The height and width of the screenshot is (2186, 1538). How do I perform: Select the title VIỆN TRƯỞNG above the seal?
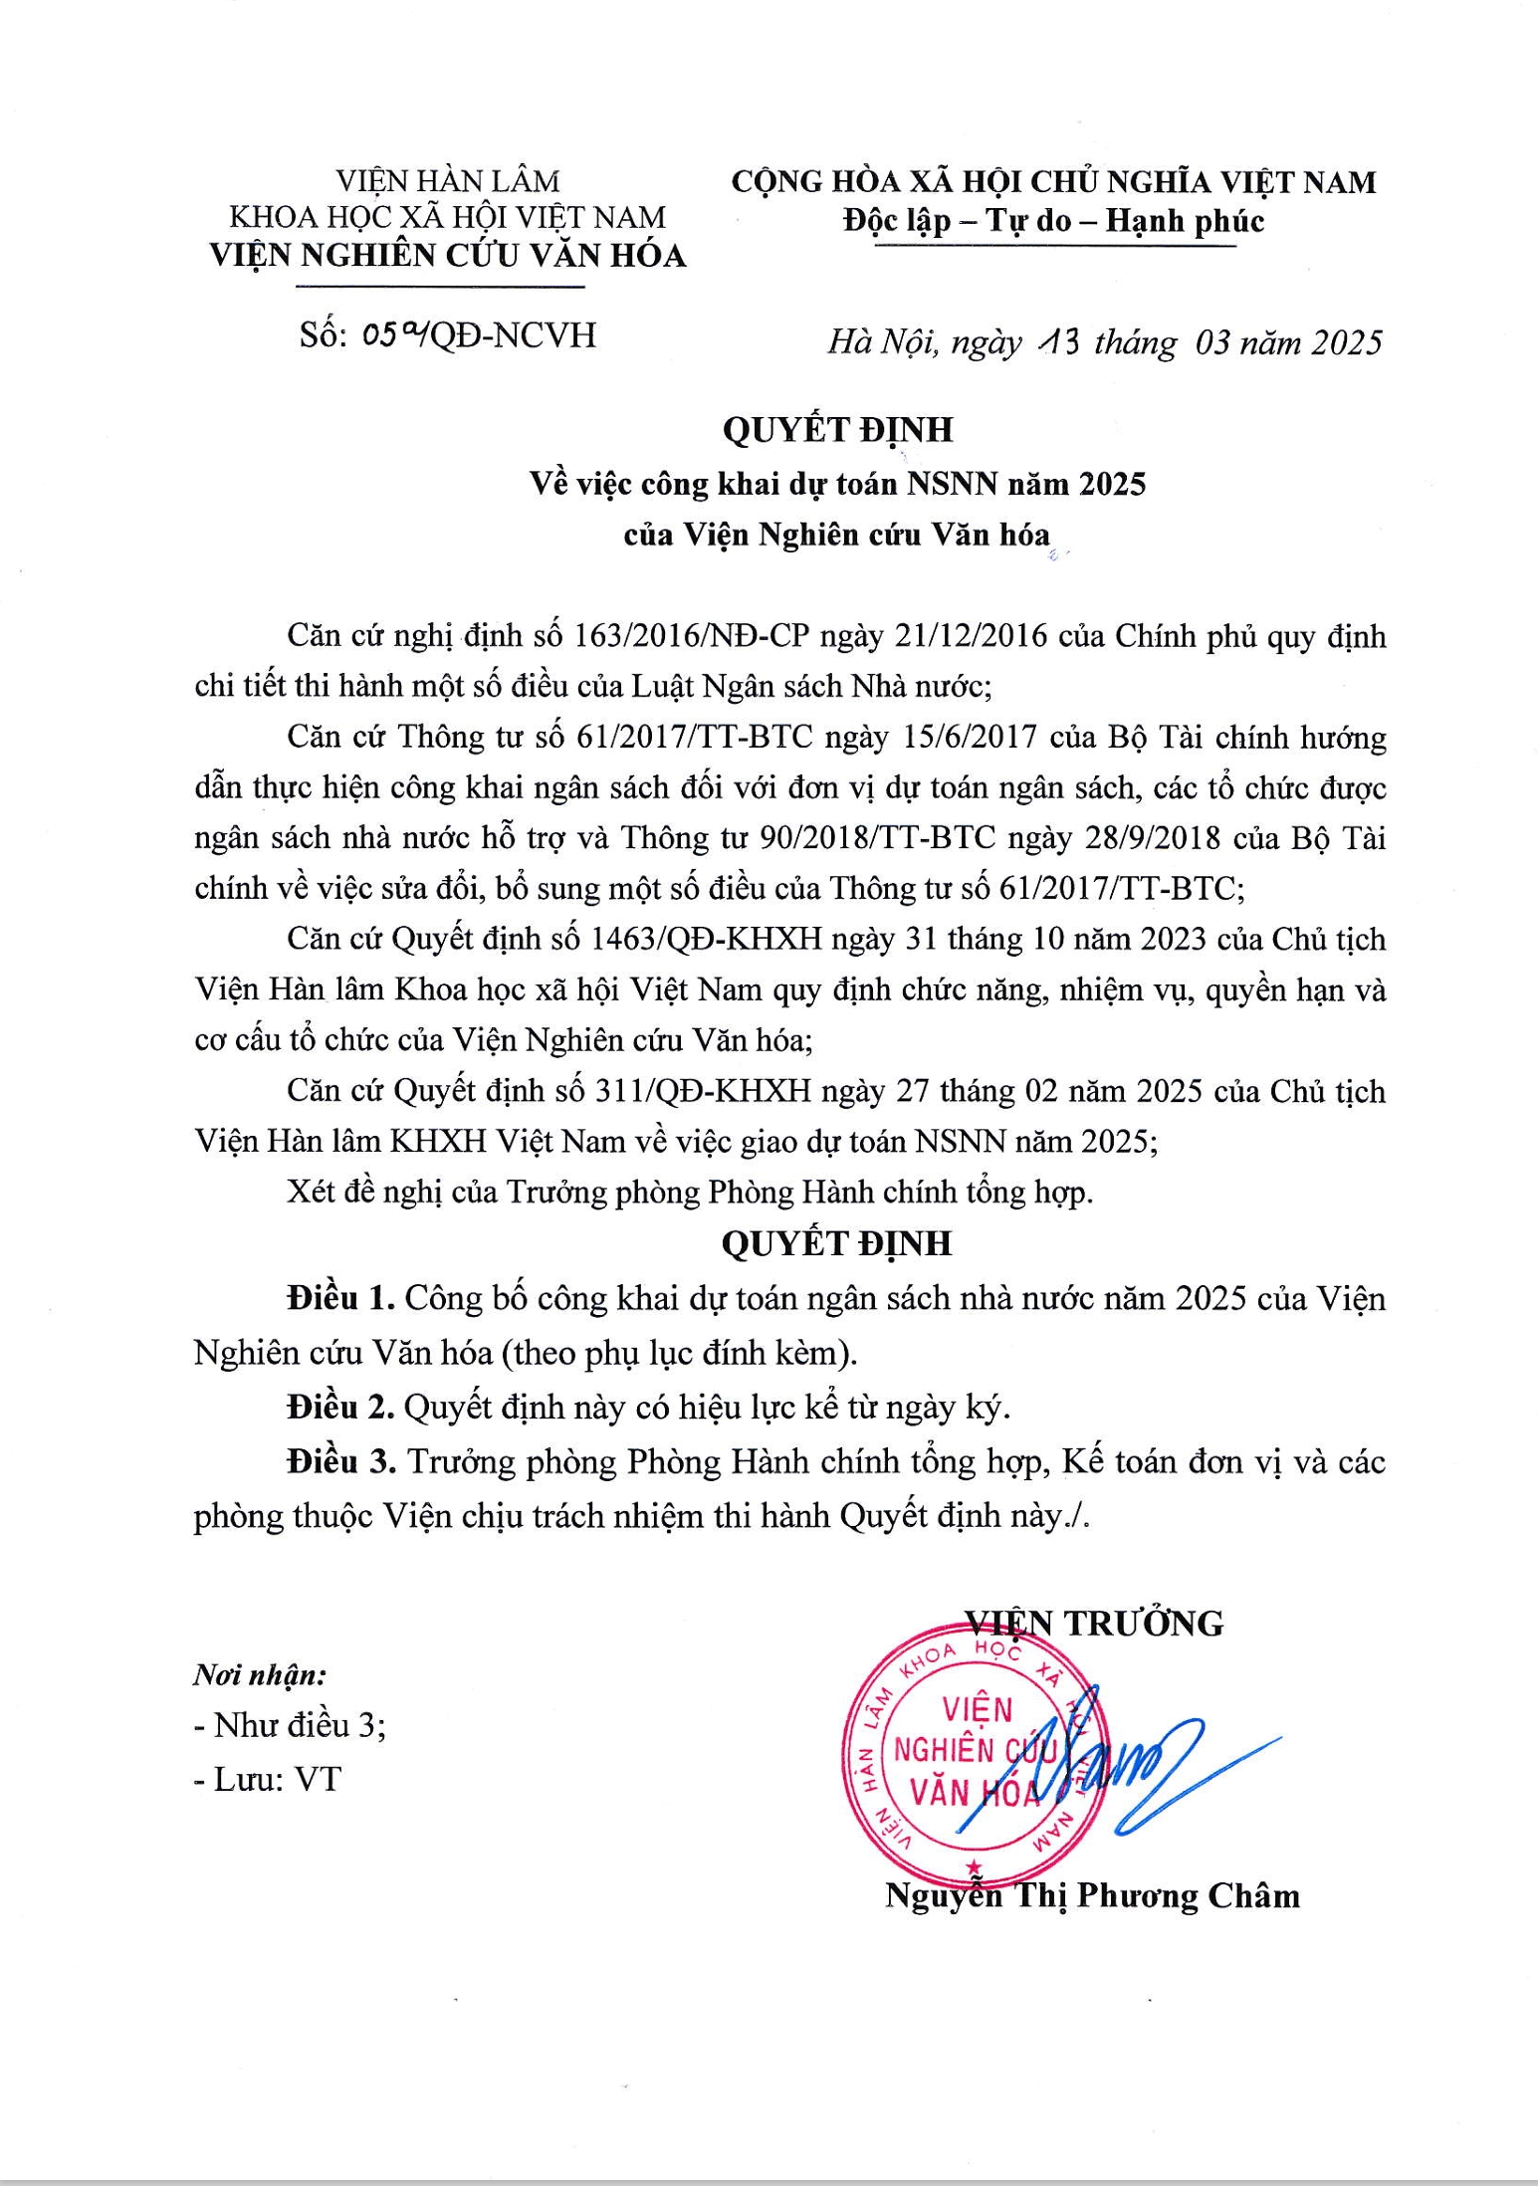tap(1094, 1624)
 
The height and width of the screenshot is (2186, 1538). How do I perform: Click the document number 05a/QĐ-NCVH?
tap(448, 336)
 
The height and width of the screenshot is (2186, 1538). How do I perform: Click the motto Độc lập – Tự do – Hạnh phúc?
tap(1053, 220)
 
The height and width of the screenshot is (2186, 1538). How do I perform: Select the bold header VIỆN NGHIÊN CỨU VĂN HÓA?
tap(448, 256)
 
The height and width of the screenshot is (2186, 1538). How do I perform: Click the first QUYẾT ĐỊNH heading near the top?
tap(837, 429)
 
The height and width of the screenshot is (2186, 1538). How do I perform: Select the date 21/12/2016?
tap(972, 636)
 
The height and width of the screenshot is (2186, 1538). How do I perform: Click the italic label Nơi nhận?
tap(260, 1675)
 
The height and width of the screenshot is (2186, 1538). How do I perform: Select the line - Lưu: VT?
tap(267, 1779)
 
